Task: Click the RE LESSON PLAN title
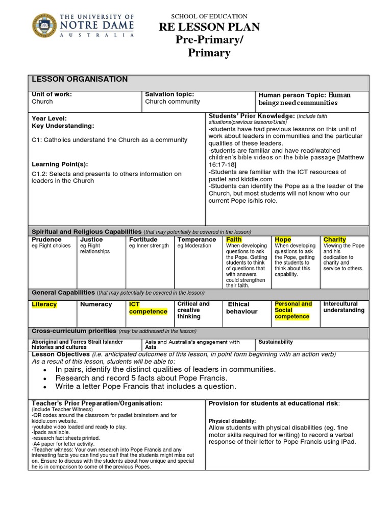coord(210,27)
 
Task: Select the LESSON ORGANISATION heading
coord(80,79)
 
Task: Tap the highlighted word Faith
coord(234,240)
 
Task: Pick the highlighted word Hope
coord(283,240)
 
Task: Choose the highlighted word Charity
coord(335,240)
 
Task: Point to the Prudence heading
coord(46,240)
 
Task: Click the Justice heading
coord(91,240)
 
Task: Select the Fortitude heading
coord(143,240)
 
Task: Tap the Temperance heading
coord(197,240)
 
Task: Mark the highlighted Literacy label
coord(44,304)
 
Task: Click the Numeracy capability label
coord(96,304)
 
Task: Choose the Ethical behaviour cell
coord(242,308)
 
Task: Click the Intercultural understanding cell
coord(344,307)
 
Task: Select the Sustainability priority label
coord(276,342)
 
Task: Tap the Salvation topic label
coord(169,94)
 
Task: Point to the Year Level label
coord(49,118)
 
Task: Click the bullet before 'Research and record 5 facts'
coord(45,378)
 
